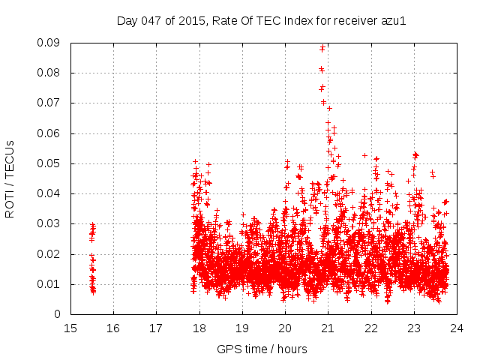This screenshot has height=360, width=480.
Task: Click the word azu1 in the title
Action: (392, 21)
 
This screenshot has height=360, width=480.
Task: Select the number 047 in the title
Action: (151, 21)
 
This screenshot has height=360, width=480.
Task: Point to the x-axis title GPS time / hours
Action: (262, 349)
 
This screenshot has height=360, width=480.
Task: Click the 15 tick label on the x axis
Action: (70, 328)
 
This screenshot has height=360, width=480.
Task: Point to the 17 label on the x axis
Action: (156, 328)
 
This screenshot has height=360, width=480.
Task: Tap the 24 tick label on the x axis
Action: (457, 328)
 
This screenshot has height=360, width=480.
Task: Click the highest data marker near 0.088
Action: (322, 48)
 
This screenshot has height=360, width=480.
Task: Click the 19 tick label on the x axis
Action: (242, 328)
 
